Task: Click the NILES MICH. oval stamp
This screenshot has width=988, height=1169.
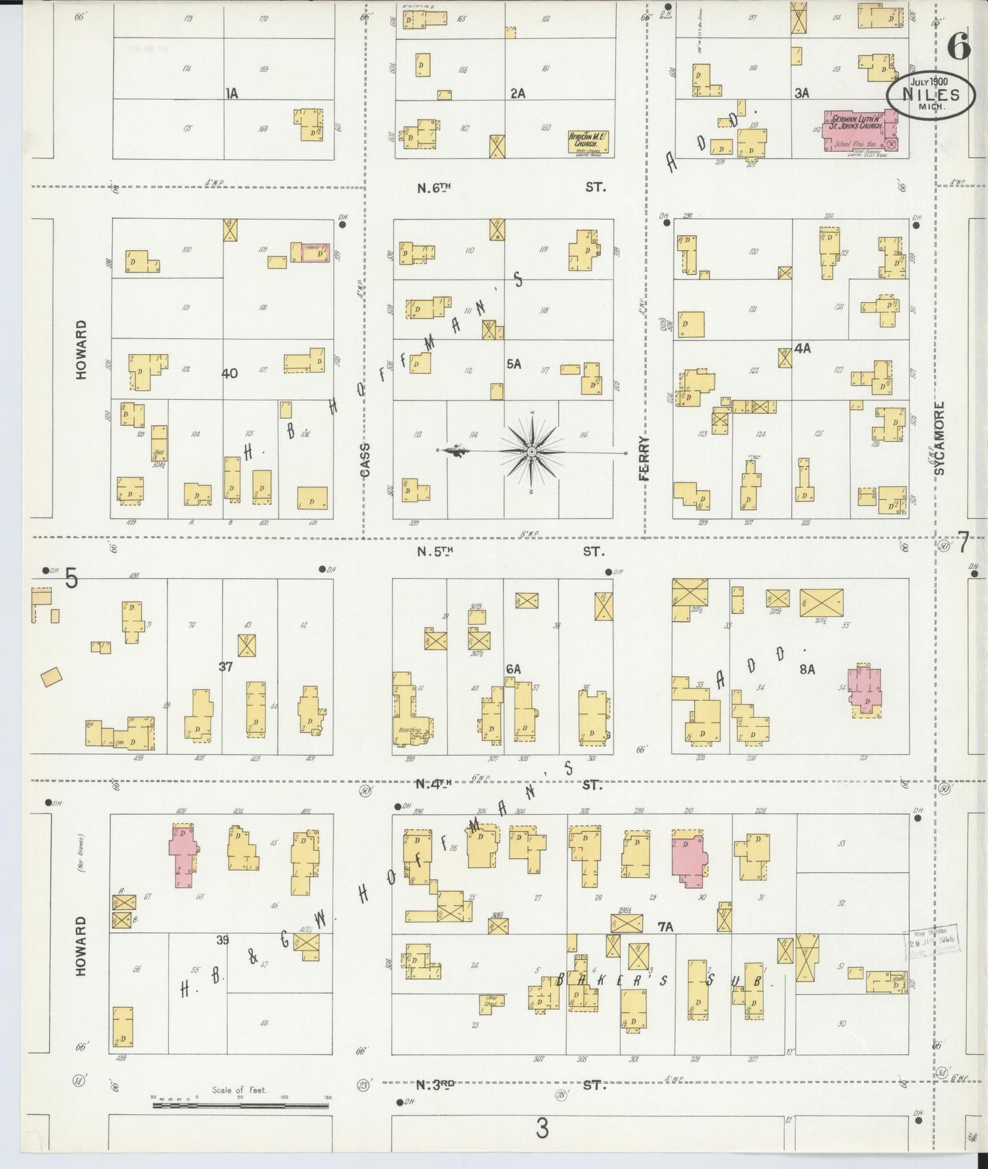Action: coord(931,96)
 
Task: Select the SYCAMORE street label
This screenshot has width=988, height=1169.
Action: coord(939,438)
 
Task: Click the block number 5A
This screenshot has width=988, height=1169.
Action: coord(513,364)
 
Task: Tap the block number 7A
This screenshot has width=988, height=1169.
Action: coord(665,927)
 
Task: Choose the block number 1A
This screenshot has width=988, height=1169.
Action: coord(232,94)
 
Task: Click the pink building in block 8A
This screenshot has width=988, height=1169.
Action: coord(866,691)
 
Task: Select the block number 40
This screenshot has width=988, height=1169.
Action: coord(230,373)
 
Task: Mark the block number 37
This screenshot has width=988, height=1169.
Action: coord(226,667)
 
